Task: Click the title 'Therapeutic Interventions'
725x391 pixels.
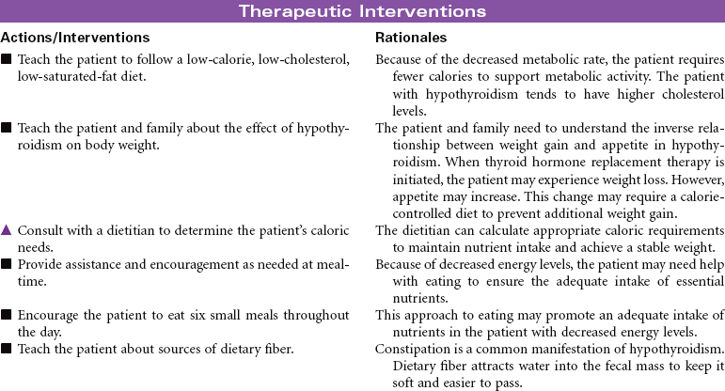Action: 362,11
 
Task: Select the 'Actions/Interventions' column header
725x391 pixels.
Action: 75,38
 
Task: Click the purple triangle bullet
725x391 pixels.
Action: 6,230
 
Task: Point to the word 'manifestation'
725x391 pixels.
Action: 557,350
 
